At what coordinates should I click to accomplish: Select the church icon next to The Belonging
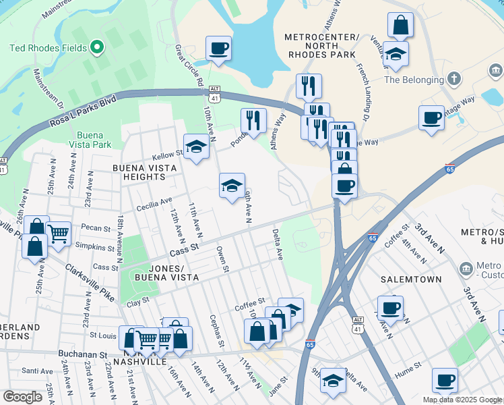pos(455,79)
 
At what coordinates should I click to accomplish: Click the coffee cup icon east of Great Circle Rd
pos(219,50)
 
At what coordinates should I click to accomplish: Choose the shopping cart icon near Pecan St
pos(59,234)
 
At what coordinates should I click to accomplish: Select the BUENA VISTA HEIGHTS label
pos(139,172)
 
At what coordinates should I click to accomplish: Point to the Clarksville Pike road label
pos(89,282)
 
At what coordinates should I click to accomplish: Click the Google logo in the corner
pos(23,397)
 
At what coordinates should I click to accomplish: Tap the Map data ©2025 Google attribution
pos(462,400)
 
